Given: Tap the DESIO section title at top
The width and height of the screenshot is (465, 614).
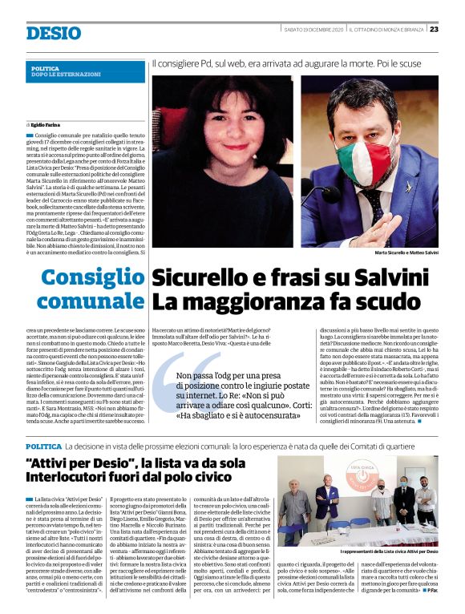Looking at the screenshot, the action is pos(53,33).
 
